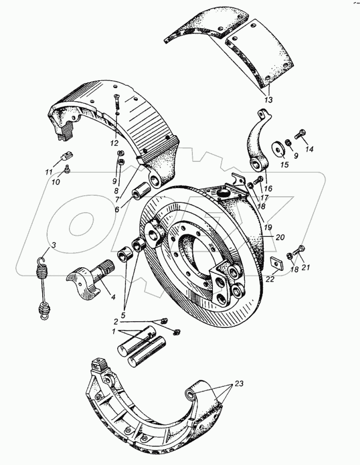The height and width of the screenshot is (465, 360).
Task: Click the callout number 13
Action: tap(268, 100)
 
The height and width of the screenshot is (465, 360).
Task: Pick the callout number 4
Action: tap(113, 297)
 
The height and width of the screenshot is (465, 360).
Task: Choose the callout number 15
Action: tap(284, 165)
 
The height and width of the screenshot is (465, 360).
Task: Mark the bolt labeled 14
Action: tap(302, 134)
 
